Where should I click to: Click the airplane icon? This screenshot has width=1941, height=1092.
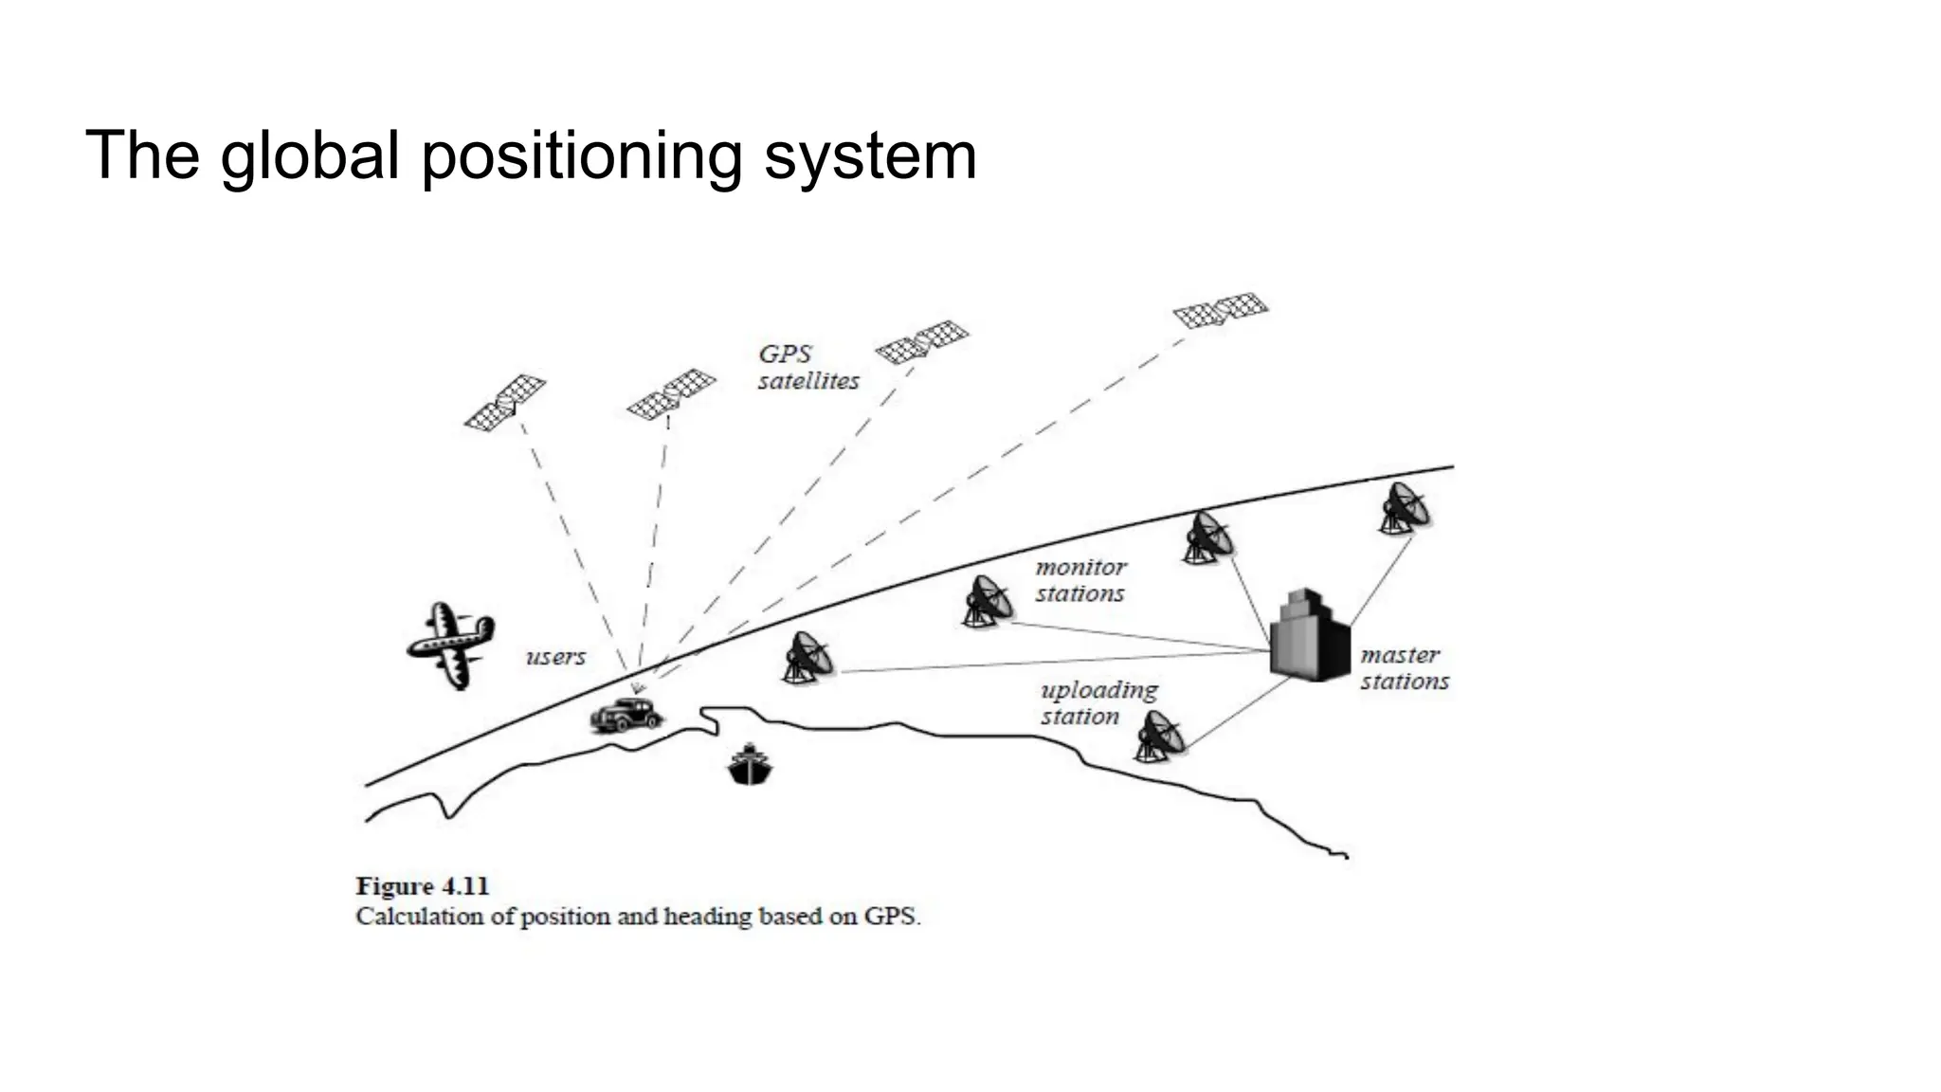tap(450, 644)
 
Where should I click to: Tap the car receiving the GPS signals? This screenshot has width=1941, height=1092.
tap(625, 715)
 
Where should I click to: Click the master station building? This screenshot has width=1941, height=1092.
tap(1308, 635)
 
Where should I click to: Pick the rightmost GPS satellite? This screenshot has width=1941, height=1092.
tap(1220, 310)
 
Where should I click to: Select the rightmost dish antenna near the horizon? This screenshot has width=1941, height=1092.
tap(1405, 509)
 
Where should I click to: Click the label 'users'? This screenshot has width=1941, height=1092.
tap(556, 657)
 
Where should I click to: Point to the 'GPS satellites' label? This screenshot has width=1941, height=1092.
tap(807, 368)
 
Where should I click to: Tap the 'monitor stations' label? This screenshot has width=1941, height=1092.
tap(1080, 580)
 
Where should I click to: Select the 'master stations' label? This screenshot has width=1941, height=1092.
tap(1404, 668)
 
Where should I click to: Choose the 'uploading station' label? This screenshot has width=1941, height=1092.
tap(1098, 702)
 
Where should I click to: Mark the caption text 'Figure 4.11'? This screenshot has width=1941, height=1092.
tap(423, 886)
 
